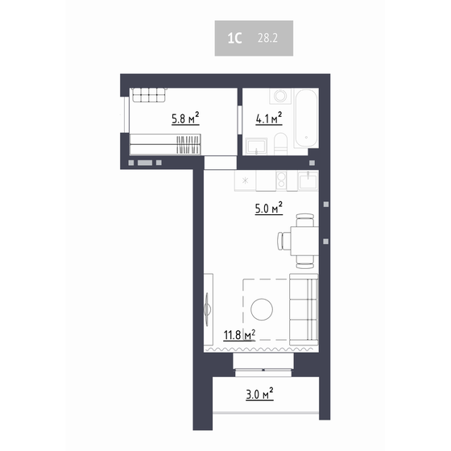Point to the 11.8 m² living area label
[x=240, y=333]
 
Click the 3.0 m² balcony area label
[x=259, y=395]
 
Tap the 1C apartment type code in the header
[x=234, y=37]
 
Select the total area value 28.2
[x=267, y=37]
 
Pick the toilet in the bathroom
[x=280, y=143]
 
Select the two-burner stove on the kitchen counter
[x=282, y=179]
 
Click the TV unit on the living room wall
[x=208, y=309]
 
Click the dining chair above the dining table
[x=304, y=219]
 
